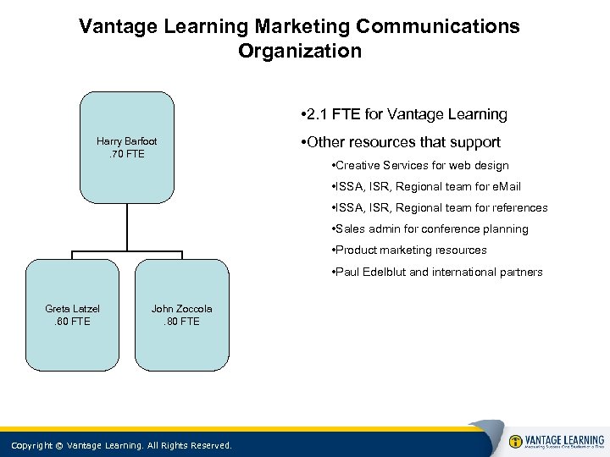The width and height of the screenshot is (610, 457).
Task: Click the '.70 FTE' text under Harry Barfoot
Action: coord(127,154)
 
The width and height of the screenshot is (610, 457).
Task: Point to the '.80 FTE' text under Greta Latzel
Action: coord(73,322)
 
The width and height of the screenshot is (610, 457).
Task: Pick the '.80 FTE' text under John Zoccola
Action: coord(182,322)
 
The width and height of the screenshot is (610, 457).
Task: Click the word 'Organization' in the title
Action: coord(299,51)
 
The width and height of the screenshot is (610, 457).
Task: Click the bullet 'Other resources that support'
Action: coord(400,142)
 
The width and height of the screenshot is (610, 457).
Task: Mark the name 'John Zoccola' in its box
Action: coord(182,309)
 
